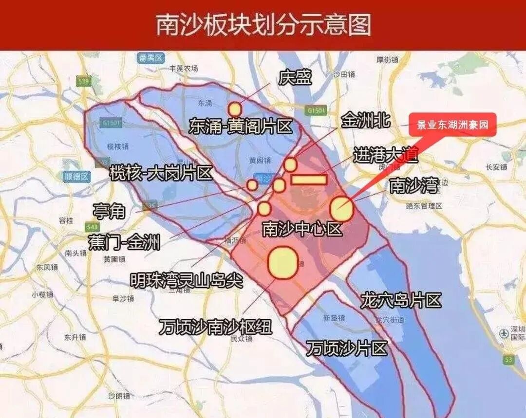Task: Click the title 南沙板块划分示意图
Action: (263, 24)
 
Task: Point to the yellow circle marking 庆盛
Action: (235, 109)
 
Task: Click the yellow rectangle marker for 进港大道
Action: (309, 180)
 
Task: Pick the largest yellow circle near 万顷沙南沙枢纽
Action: (283, 263)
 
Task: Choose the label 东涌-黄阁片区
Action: (241, 127)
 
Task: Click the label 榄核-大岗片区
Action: (161, 173)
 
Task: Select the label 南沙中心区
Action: (302, 229)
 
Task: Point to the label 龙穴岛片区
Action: (400, 300)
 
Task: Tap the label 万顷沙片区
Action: (347, 348)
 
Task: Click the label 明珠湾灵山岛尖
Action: (187, 280)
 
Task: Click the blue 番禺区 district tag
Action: (150, 58)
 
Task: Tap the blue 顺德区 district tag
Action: (76, 176)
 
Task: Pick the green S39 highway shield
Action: (84, 82)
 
